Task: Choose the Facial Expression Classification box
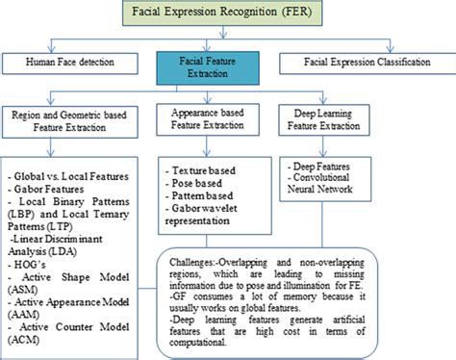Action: [368, 64]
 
